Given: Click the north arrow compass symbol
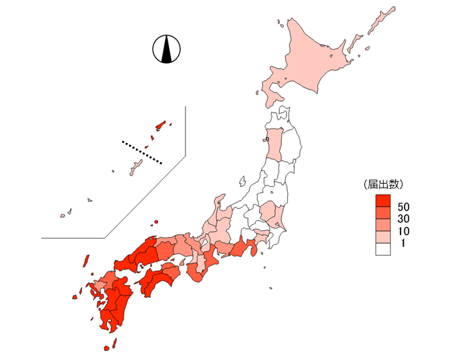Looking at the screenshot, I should (x=166, y=50).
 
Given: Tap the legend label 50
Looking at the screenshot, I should (x=403, y=208).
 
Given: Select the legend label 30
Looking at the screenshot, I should (x=403, y=220).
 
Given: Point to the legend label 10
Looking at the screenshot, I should (x=403, y=231).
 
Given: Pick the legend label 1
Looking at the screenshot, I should (x=403, y=243).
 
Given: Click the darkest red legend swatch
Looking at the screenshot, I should (x=383, y=201).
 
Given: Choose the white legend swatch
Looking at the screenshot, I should (x=383, y=249).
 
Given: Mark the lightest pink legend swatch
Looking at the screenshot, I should (x=383, y=237).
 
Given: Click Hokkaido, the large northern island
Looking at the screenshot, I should (x=308, y=62).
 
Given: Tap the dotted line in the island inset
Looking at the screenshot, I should (x=142, y=151).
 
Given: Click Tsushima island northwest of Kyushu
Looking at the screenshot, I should (x=85, y=260).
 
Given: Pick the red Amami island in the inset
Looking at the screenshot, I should (x=161, y=125).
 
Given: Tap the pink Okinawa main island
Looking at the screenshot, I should (x=136, y=167).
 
